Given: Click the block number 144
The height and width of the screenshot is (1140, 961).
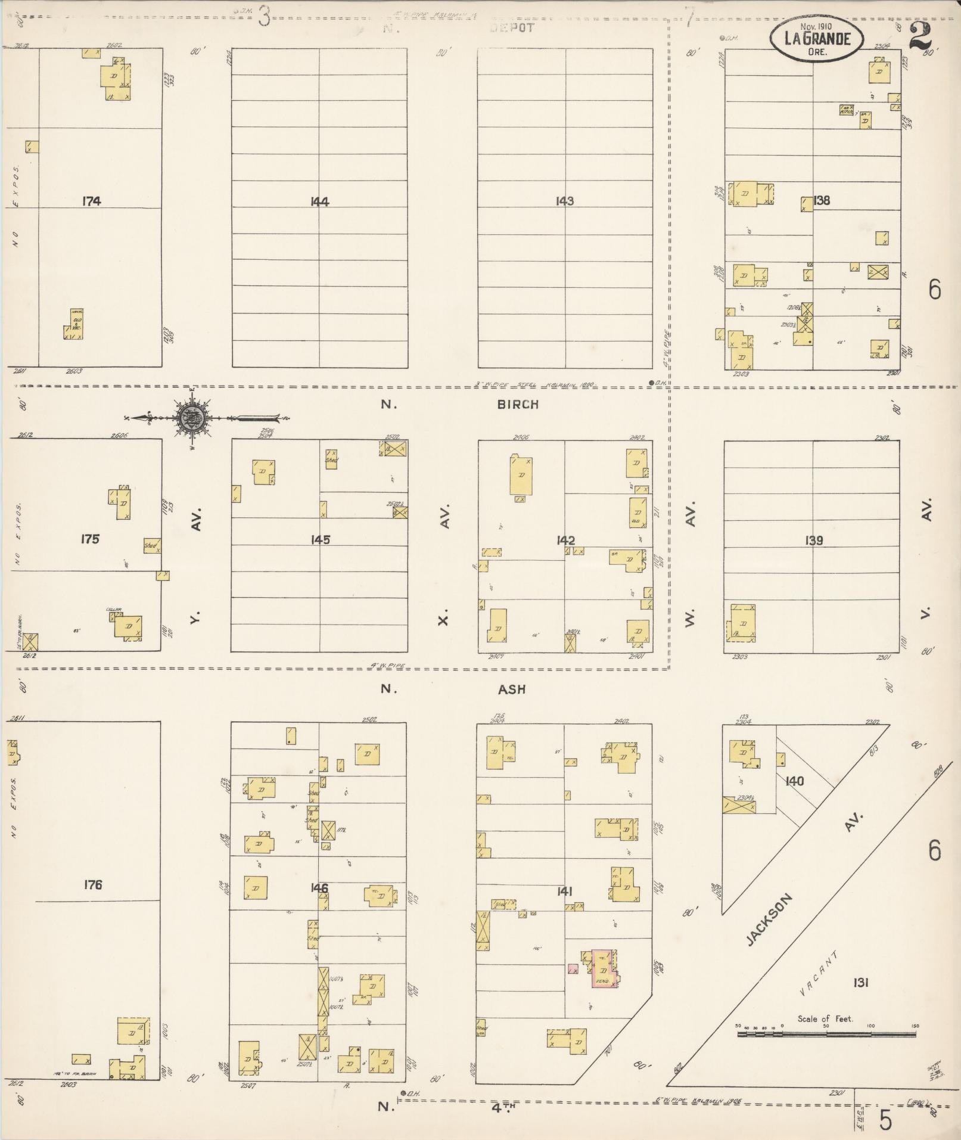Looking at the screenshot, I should coord(319,201).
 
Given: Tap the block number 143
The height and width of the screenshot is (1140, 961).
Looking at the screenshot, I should coord(564,201).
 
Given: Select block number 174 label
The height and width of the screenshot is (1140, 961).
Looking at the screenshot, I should coord(91,201).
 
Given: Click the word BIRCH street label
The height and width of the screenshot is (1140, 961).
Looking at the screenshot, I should coord(518,404).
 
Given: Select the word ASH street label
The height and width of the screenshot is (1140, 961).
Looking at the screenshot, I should coord(512,689).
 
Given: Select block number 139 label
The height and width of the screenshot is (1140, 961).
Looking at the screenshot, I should coord(813,541).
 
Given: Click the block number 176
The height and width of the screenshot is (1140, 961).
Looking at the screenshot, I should coord(92,884).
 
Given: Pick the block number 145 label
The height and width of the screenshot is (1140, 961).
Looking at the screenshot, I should coord(320,540).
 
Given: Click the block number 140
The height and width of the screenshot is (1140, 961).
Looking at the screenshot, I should coord(794,781).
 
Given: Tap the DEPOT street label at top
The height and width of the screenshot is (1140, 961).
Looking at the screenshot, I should coord(513,27).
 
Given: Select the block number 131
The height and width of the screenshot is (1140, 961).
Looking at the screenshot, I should coord(860,983).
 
